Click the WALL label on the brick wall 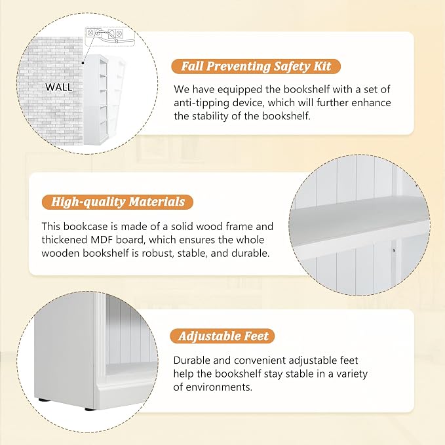[x=59, y=87]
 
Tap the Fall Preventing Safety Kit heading [x=256, y=66]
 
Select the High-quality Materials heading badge [x=117, y=202]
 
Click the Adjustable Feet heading [x=223, y=336]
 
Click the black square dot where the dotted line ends [x=83, y=63]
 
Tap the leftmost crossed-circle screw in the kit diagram [x=90, y=33]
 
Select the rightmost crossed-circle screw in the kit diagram [x=119, y=33]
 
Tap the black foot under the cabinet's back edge [x=43, y=400]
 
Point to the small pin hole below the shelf [x=394, y=250]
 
